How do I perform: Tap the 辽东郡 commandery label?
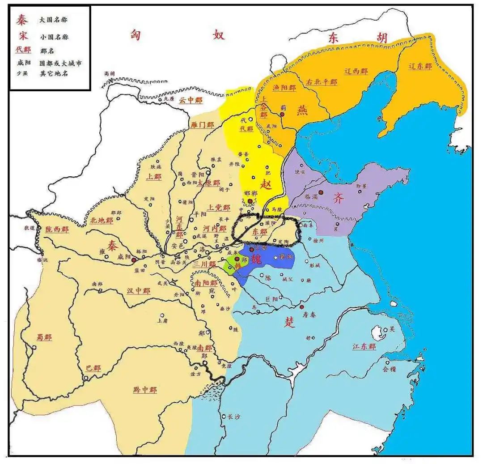tap(420, 66)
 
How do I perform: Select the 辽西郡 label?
tap(356, 71)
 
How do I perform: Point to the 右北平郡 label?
tap(321, 82)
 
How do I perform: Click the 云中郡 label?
tap(191, 101)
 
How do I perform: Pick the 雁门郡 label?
tap(202, 125)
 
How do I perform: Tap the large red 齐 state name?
tap(339, 199)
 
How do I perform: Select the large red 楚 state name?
tap(290, 323)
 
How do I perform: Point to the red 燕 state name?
tap(303, 110)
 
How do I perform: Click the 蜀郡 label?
tap(44, 337)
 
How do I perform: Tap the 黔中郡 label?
tap(145, 389)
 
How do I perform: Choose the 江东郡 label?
tap(364, 347)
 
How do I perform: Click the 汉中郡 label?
tap(138, 291)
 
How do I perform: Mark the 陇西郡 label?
tap(57, 229)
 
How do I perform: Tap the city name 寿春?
tap(309, 315)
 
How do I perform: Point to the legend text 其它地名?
tap(54, 73)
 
